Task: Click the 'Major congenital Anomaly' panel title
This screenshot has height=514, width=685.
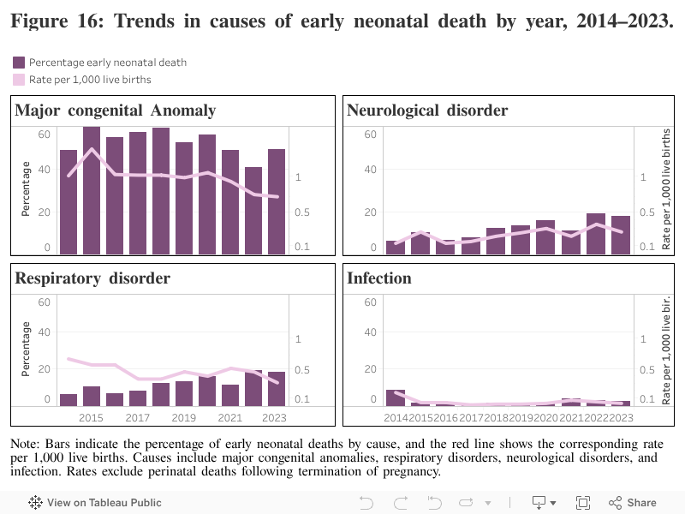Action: (116, 111)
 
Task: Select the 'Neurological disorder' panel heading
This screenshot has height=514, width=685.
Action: (427, 111)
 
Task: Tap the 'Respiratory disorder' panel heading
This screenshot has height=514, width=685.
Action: (92, 278)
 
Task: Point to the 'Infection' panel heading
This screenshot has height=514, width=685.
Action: (379, 278)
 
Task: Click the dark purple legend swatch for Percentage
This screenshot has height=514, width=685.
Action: (19, 63)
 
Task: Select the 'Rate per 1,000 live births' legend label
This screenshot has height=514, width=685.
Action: (90, 80)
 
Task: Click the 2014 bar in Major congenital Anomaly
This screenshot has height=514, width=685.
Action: (68, 201)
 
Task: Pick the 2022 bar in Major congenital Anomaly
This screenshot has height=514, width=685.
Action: (253, 210)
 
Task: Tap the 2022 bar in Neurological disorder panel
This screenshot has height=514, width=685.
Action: (596, 233)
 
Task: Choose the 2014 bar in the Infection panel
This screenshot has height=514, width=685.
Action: (395, 397)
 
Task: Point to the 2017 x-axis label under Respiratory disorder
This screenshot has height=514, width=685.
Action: (138, 417)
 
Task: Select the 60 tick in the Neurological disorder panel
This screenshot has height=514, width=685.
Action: (371, 134)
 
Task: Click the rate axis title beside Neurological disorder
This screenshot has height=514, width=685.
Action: (667, 188)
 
